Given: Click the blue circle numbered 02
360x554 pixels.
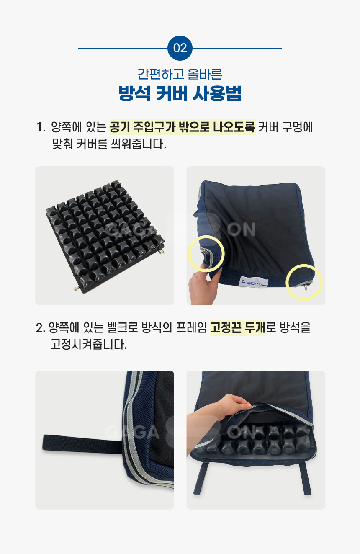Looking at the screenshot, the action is [x=180, y=48].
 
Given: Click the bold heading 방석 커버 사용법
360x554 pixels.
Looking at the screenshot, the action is [x=180, y=93].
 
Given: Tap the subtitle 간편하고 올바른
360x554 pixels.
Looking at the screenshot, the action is [x=180, y=74].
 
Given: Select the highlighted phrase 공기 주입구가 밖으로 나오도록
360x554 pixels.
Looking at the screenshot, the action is [x=182, y=127].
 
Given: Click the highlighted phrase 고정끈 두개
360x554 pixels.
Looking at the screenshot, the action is [x=238, y=328].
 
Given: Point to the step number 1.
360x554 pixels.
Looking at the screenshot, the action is [x=41, y=127].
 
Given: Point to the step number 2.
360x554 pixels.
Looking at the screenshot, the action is [x=40, y=328].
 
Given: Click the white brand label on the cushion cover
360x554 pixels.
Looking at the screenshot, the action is [x=253, y=282].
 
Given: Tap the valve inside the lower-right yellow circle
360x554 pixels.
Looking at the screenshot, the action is [x=306, y=287].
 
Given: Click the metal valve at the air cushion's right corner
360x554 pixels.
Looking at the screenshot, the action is [x=162, y=251].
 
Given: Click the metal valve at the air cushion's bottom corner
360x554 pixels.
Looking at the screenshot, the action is [x=77, y=289].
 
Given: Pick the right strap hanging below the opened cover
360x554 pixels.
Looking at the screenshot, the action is [x=305, y=479].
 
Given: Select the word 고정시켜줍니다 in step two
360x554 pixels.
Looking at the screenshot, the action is [x=89, y=344].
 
